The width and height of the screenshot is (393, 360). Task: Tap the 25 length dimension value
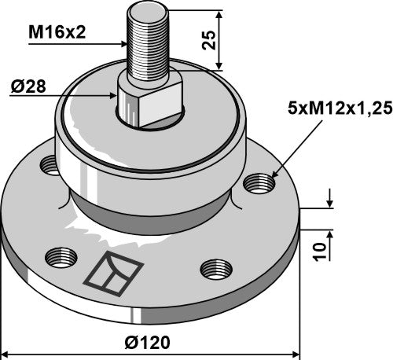coord(208,39)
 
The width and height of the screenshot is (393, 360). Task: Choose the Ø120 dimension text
coord(147,343)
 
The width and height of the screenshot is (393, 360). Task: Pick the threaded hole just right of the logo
coord(213,268)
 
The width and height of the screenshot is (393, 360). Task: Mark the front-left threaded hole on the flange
coord(60,256)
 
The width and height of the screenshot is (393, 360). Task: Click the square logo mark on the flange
coord(113,274)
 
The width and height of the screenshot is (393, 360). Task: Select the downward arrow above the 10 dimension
coord(331,204)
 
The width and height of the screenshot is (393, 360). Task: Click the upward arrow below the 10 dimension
coord(331,235)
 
